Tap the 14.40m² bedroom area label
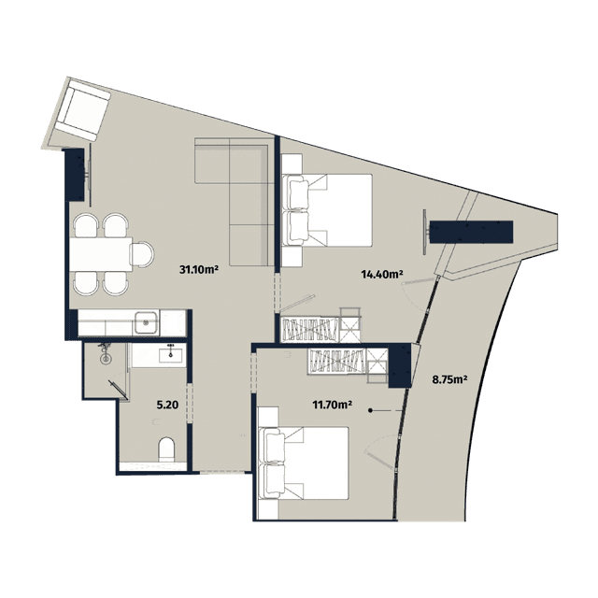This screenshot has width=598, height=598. pos(382,275)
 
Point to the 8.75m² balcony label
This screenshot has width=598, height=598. pos(449,380)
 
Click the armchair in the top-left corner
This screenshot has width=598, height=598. pos(82,108)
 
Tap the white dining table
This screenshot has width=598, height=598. pos(100,253)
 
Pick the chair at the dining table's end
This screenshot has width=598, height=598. pos(143,253)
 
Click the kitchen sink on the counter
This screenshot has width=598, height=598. pos(145,324)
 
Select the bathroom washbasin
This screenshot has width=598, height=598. pos(171,355)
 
